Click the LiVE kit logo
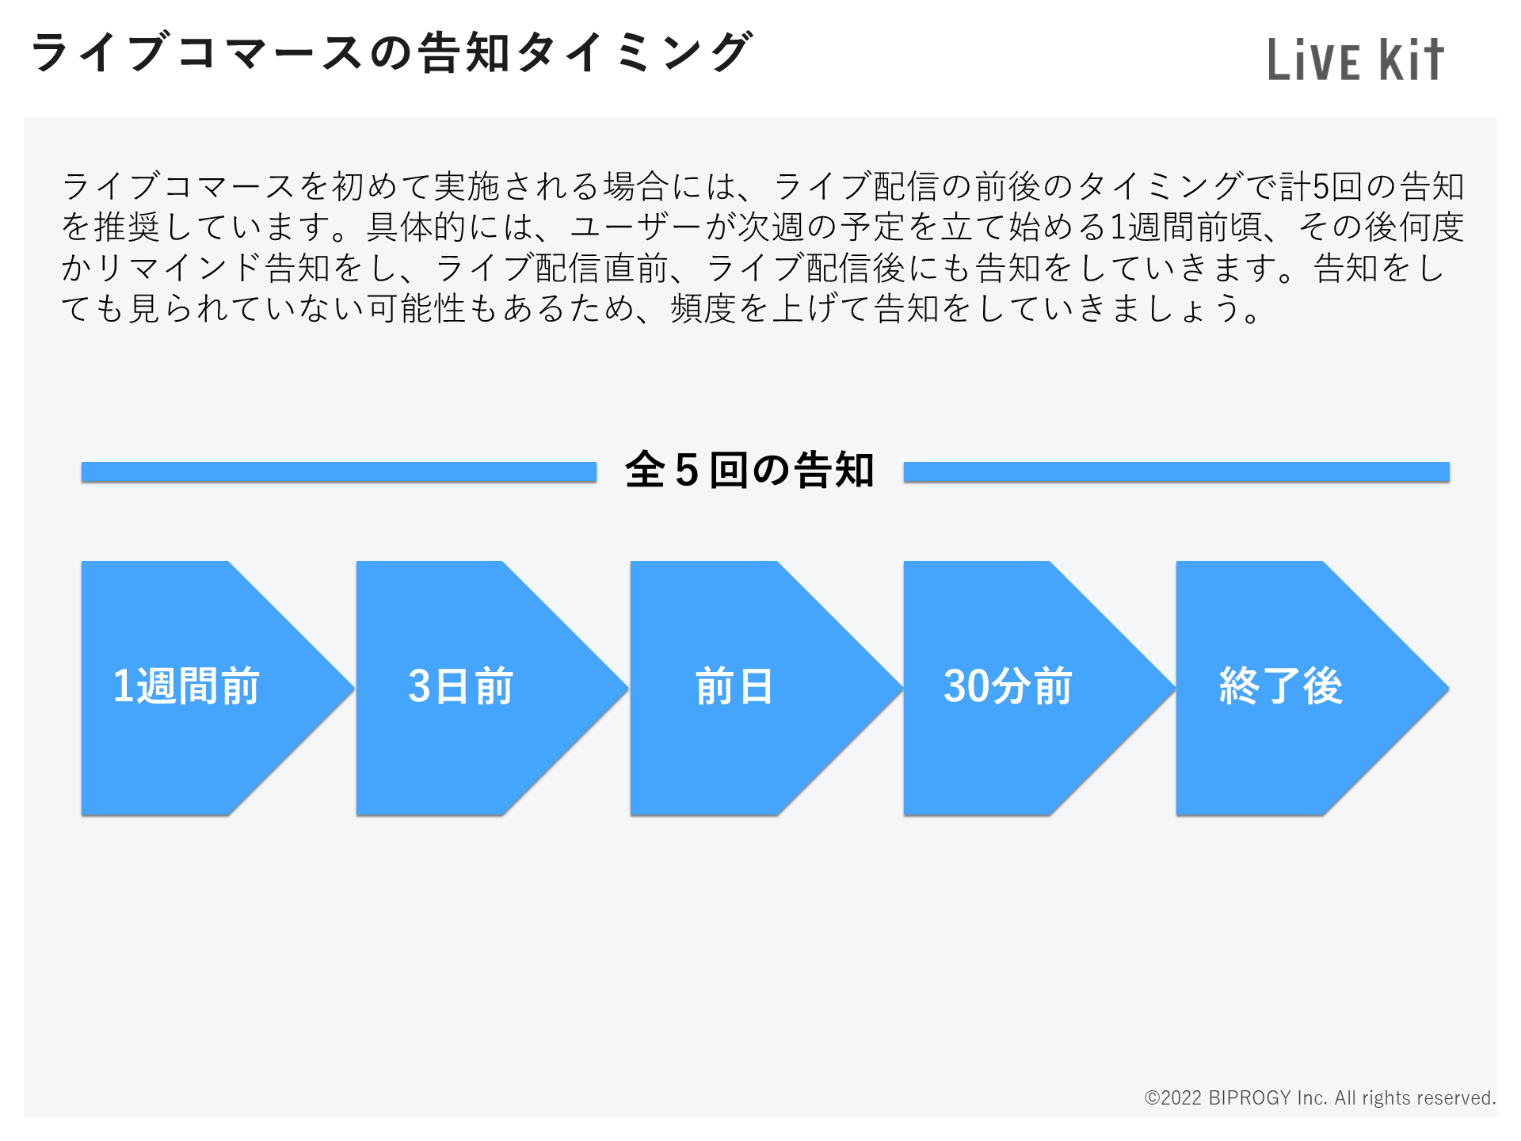1355,59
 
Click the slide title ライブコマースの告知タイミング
391,52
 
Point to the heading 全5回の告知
749,470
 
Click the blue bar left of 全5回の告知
339,472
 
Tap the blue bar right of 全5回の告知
1176,472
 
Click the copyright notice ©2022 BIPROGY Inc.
1320,1097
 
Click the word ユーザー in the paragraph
636,227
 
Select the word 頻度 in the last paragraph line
703,309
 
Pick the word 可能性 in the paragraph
417,309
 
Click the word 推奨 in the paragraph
128,227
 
